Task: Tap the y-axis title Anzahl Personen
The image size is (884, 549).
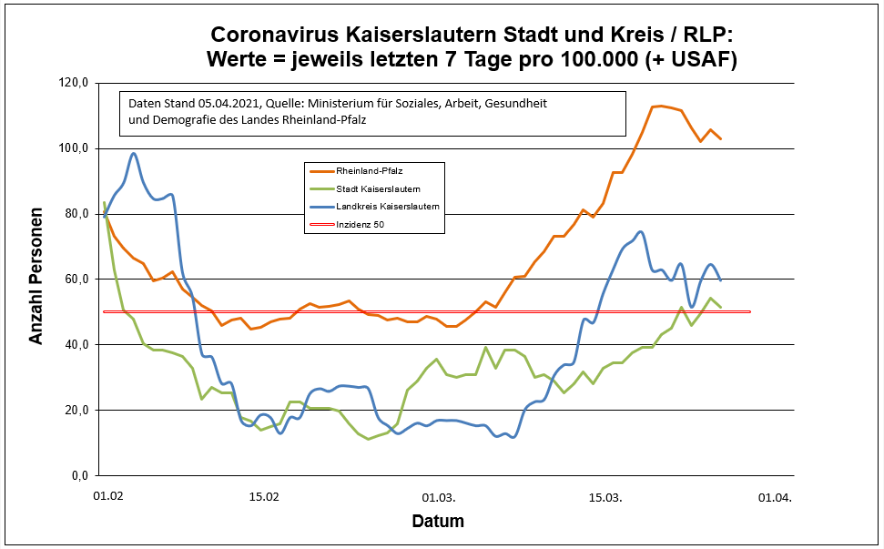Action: (36, 279)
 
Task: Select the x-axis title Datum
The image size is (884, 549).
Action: (438, 522)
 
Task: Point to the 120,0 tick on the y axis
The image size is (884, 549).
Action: (72, 83)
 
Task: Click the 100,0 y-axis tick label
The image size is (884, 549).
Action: (72, 148)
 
